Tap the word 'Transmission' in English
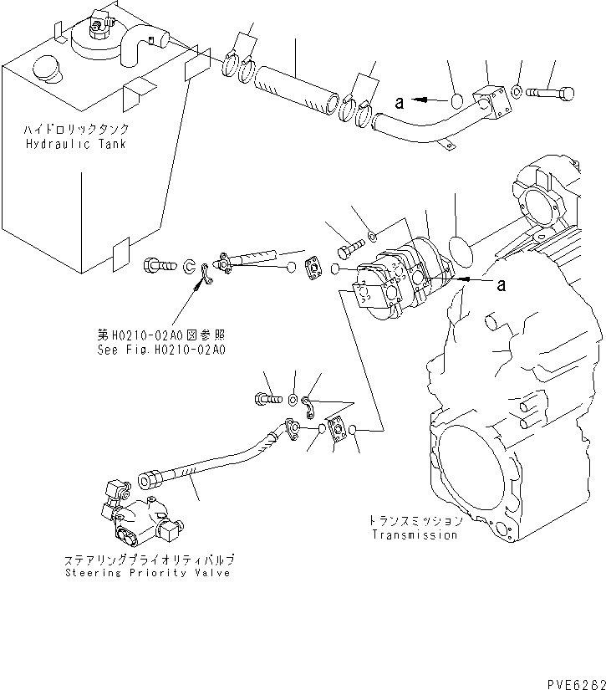(x=415, y=534)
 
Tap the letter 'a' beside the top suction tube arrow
(x=400, y=103)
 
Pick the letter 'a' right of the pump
(x=502, y=285)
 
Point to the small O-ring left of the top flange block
(x=457, y=102)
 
